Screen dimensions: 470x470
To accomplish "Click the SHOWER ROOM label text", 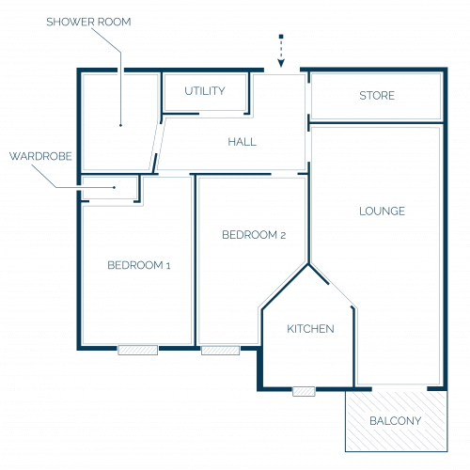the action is pyautogui.click(x=88, y=22).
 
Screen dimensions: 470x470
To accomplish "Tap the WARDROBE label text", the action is pyautogui.click(x=40, y=156).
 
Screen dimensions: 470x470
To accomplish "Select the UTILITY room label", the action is pyautogui.click(x=205, y=91).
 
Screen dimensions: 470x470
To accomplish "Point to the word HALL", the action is pyautogui.click(x=242, y=142).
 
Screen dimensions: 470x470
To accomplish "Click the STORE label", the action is pyautogui.click(x=377, y=96).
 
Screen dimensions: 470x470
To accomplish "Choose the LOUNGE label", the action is pyautogui.click(x=382, y=211).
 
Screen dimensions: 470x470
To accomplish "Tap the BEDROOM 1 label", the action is pyautogui.click(x=139, y=265).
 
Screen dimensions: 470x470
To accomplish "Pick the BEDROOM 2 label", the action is pyautogui.click(x=254, y=235).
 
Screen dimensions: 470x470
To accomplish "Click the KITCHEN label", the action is pyautogui.click(x=310, y=329).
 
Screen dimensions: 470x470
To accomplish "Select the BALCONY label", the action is pyautogui.click(x=396, y=421).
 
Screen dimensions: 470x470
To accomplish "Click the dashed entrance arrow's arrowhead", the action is pyautogui.click(x=281, y=63).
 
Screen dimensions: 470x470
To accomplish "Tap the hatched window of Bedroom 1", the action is pyautogui.click(x=138, y=350).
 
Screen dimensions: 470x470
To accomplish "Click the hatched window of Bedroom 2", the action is pyautogui.click(x=221, y=350).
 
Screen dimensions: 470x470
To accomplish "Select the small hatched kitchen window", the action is pyautogui.click(x=304, y=391).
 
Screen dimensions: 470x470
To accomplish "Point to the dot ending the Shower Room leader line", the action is pyautogui.click(x=120, y=125).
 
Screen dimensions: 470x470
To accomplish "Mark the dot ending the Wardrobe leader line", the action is pyautogui.click(x=115, y=188).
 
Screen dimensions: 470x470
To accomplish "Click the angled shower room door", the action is pyautogui.click(x=158, y=145).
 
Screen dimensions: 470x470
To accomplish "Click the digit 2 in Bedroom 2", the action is pyautogui.click(x=283, y=235).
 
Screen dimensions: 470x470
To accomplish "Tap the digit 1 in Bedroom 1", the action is pyautogui.click(x=168, y=266).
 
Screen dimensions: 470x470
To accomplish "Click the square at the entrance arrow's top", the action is pyautogui.click(x=281, y=37).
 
